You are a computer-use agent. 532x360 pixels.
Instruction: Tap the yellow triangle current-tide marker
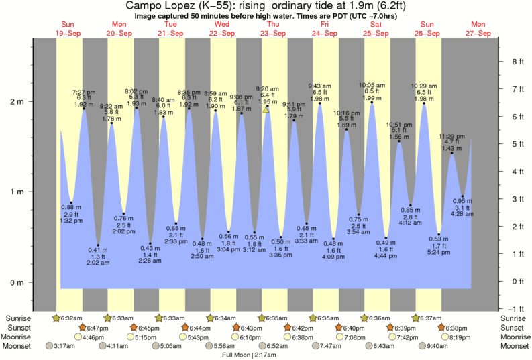[266, 109]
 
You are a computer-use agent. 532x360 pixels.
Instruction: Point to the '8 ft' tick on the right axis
[517, 62]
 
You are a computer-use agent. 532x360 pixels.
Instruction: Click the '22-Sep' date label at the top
[222, 32]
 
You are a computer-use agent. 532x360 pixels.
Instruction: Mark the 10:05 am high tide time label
[372, 85]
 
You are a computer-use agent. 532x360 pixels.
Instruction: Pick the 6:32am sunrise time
[70, 318]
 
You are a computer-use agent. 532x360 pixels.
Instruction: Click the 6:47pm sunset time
[96, 327]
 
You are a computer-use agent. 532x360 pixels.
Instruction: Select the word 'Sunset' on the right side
[514, 327]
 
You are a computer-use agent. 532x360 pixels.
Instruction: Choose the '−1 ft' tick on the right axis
[517, 308]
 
